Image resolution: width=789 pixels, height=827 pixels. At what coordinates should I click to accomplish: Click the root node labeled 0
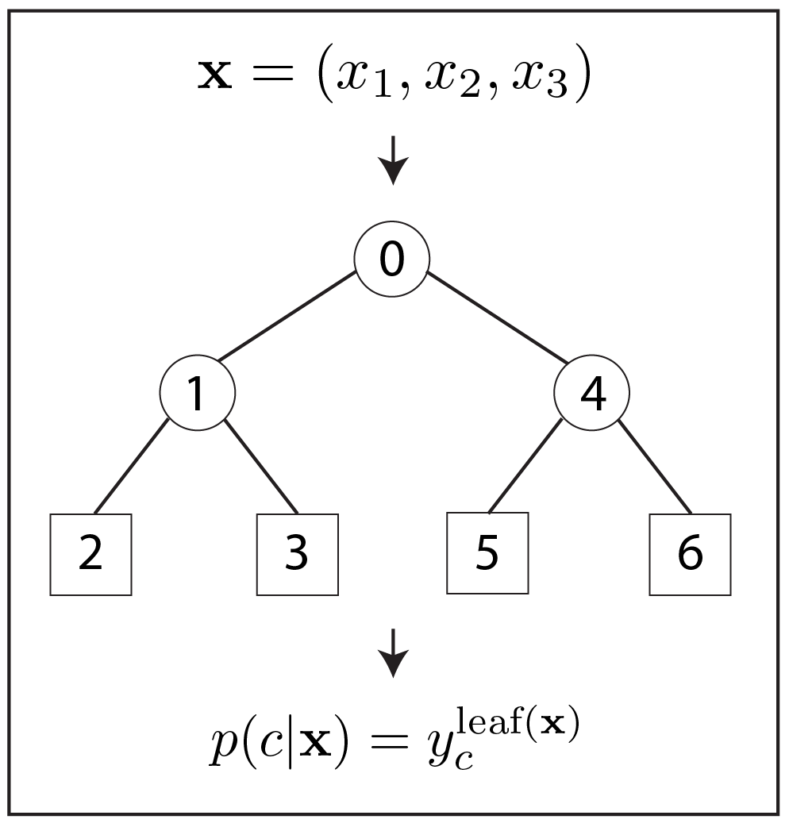pos(392,260)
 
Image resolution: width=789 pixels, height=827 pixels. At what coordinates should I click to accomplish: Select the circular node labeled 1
pos(198,393)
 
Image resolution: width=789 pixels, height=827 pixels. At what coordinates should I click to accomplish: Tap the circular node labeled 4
pos(591,393)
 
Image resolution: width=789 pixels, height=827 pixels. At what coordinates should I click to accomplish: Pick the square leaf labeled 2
pos(90,554)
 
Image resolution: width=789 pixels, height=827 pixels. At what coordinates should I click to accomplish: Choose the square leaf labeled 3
pos(297,554)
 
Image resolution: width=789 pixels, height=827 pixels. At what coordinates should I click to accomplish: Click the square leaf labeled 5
pos(487,552)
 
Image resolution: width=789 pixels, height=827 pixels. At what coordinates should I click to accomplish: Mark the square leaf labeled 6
pos(690,554)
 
